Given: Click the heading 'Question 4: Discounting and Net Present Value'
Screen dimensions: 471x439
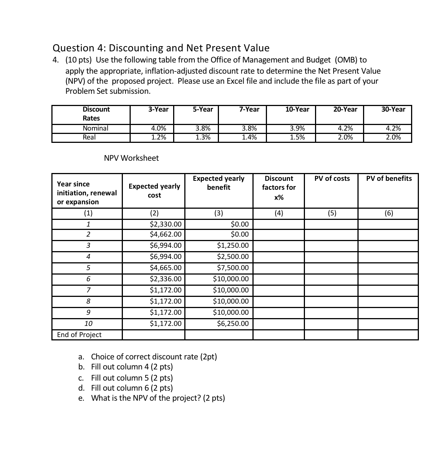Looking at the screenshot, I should (x=161, y=48).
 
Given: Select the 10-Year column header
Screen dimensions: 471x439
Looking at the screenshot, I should (x=297, y=109).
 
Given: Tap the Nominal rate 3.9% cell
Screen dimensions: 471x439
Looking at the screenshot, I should (x=297, y=128).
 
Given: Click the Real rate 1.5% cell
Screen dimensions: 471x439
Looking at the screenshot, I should (x=297, y=137).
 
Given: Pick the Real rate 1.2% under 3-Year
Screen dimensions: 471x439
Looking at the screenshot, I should (x=158, y=137).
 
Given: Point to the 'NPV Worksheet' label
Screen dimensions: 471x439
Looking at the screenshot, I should (x=131, y=158).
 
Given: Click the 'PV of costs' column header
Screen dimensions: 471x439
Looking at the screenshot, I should (x=332, y=179).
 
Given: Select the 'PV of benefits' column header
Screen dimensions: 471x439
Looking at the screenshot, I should (x=389, y=179).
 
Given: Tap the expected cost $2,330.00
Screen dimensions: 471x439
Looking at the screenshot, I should (x=165, y=224).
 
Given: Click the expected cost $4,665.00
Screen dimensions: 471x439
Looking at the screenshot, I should (x=165, y=268).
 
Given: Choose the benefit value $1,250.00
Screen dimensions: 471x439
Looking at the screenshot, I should (x=233, y=246).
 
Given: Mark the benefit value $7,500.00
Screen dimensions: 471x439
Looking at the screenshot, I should (x=233, y=268).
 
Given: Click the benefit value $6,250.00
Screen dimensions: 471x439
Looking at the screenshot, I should (x=233, y=324).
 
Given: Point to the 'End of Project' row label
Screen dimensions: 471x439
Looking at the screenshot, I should (x=79, y=335).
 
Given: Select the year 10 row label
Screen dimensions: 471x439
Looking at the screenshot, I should (x=88, y=324).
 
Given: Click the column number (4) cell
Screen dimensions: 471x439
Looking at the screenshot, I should (x=279, y=213).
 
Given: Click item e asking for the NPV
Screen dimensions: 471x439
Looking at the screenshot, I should (x=158, y=398).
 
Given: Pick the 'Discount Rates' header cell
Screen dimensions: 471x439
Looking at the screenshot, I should (x=96, y=114).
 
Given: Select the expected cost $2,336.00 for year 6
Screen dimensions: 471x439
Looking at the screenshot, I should (x=165, y=279).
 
